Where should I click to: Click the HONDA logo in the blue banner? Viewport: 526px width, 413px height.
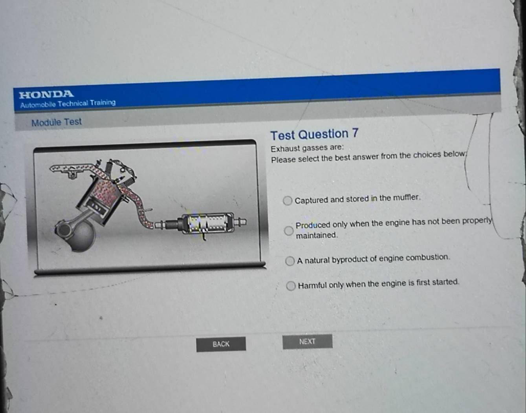point(46,94)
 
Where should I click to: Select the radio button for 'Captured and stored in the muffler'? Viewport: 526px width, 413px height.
point(288,201)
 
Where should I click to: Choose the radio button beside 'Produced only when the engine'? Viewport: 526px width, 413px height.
point(289,231)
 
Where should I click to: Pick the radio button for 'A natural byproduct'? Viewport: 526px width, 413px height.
point(290,261)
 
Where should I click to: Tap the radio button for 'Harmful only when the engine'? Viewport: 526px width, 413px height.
point(291,286)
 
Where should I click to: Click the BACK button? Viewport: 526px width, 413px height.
point(221,344)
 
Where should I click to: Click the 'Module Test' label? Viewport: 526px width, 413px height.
point(57,122)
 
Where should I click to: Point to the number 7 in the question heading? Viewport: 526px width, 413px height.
point(355,133)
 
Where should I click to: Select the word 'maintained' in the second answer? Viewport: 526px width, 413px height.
point(316,236)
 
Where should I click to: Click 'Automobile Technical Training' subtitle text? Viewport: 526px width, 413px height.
point(68,104)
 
